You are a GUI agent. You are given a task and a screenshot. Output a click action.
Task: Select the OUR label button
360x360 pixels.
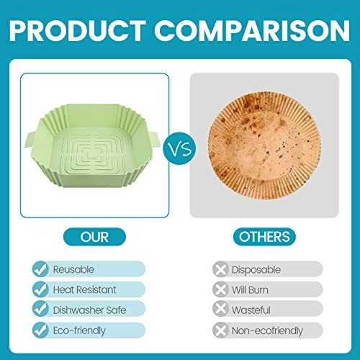click(x=94, y=236)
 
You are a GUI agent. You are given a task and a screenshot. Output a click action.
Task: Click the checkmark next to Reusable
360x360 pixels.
click(x=41, y=269)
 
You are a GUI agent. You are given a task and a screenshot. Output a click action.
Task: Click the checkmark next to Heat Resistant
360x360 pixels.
click(x=41, y=289)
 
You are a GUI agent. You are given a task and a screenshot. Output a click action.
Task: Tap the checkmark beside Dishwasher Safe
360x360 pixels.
click(x=41, y=310)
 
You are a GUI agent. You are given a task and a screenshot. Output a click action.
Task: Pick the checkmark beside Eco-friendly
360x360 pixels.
click(x=41, y=330)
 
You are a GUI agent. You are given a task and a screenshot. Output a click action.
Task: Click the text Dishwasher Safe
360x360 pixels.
click(x=90, y=310)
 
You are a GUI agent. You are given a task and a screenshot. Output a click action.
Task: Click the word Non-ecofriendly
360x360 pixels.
click(x=267, y=330)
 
